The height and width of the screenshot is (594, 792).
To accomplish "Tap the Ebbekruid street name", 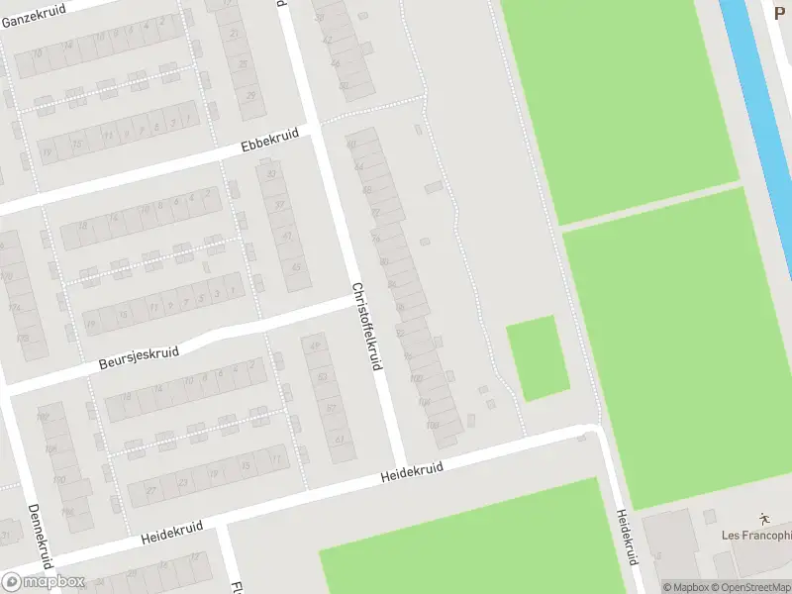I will click(268, 142).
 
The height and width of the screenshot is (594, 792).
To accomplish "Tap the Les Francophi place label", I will click(756, 537).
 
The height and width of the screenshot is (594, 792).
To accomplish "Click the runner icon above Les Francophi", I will click(763, 518).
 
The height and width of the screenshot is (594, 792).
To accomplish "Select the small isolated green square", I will click(538, 357).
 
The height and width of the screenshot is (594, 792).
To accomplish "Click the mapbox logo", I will click(44, 581).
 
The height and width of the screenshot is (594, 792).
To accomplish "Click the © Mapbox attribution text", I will click(685, 587).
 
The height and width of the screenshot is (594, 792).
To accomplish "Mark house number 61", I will click(339, 440).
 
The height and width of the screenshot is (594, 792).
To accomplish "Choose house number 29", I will click(251, 95).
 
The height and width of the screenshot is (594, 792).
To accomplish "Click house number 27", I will click(150, 489).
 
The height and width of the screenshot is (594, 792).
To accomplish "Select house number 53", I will click(323, 376).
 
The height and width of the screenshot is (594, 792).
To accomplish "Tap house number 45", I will click(296, 266).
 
